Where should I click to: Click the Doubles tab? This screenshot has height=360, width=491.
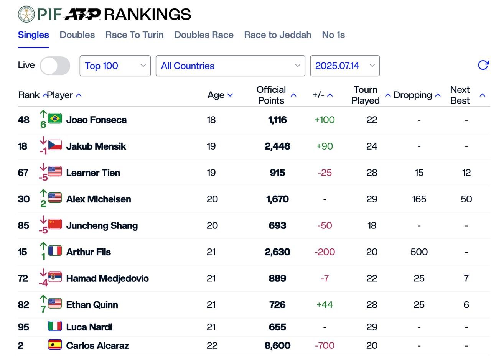[x=77, y=35]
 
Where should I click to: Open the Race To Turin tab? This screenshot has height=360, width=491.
[x=134, y=35]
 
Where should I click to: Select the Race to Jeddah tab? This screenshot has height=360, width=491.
[x=277, y=35]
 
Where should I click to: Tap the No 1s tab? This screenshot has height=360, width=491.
[x=333, y=35]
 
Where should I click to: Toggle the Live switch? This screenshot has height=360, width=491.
[x=55, y=66]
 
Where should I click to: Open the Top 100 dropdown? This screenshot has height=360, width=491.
[x=115, y=66]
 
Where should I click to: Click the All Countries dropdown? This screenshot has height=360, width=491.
[x=230, y=66]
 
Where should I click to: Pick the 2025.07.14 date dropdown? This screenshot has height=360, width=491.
[x=344, y=66]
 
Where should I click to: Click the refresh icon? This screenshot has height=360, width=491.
[x=483, y=65]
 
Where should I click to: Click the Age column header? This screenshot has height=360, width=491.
[x=220, y=95]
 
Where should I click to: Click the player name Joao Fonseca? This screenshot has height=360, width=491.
[x=96, y=120]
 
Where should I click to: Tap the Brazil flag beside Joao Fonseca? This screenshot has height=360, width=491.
[x=55, y=118]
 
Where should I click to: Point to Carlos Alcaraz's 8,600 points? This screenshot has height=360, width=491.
[x=277, y=346]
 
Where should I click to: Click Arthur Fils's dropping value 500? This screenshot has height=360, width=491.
[x=419, y=252]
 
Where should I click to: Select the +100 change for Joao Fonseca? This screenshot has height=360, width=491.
[x=325, y=120]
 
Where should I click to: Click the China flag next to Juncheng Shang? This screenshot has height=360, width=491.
[x=55, y=224]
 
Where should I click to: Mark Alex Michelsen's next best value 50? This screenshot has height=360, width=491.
[x=466, y=199]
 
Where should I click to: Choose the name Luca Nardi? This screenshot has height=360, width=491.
[x=89, y=327]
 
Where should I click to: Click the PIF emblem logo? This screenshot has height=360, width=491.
[x=26, y=14]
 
